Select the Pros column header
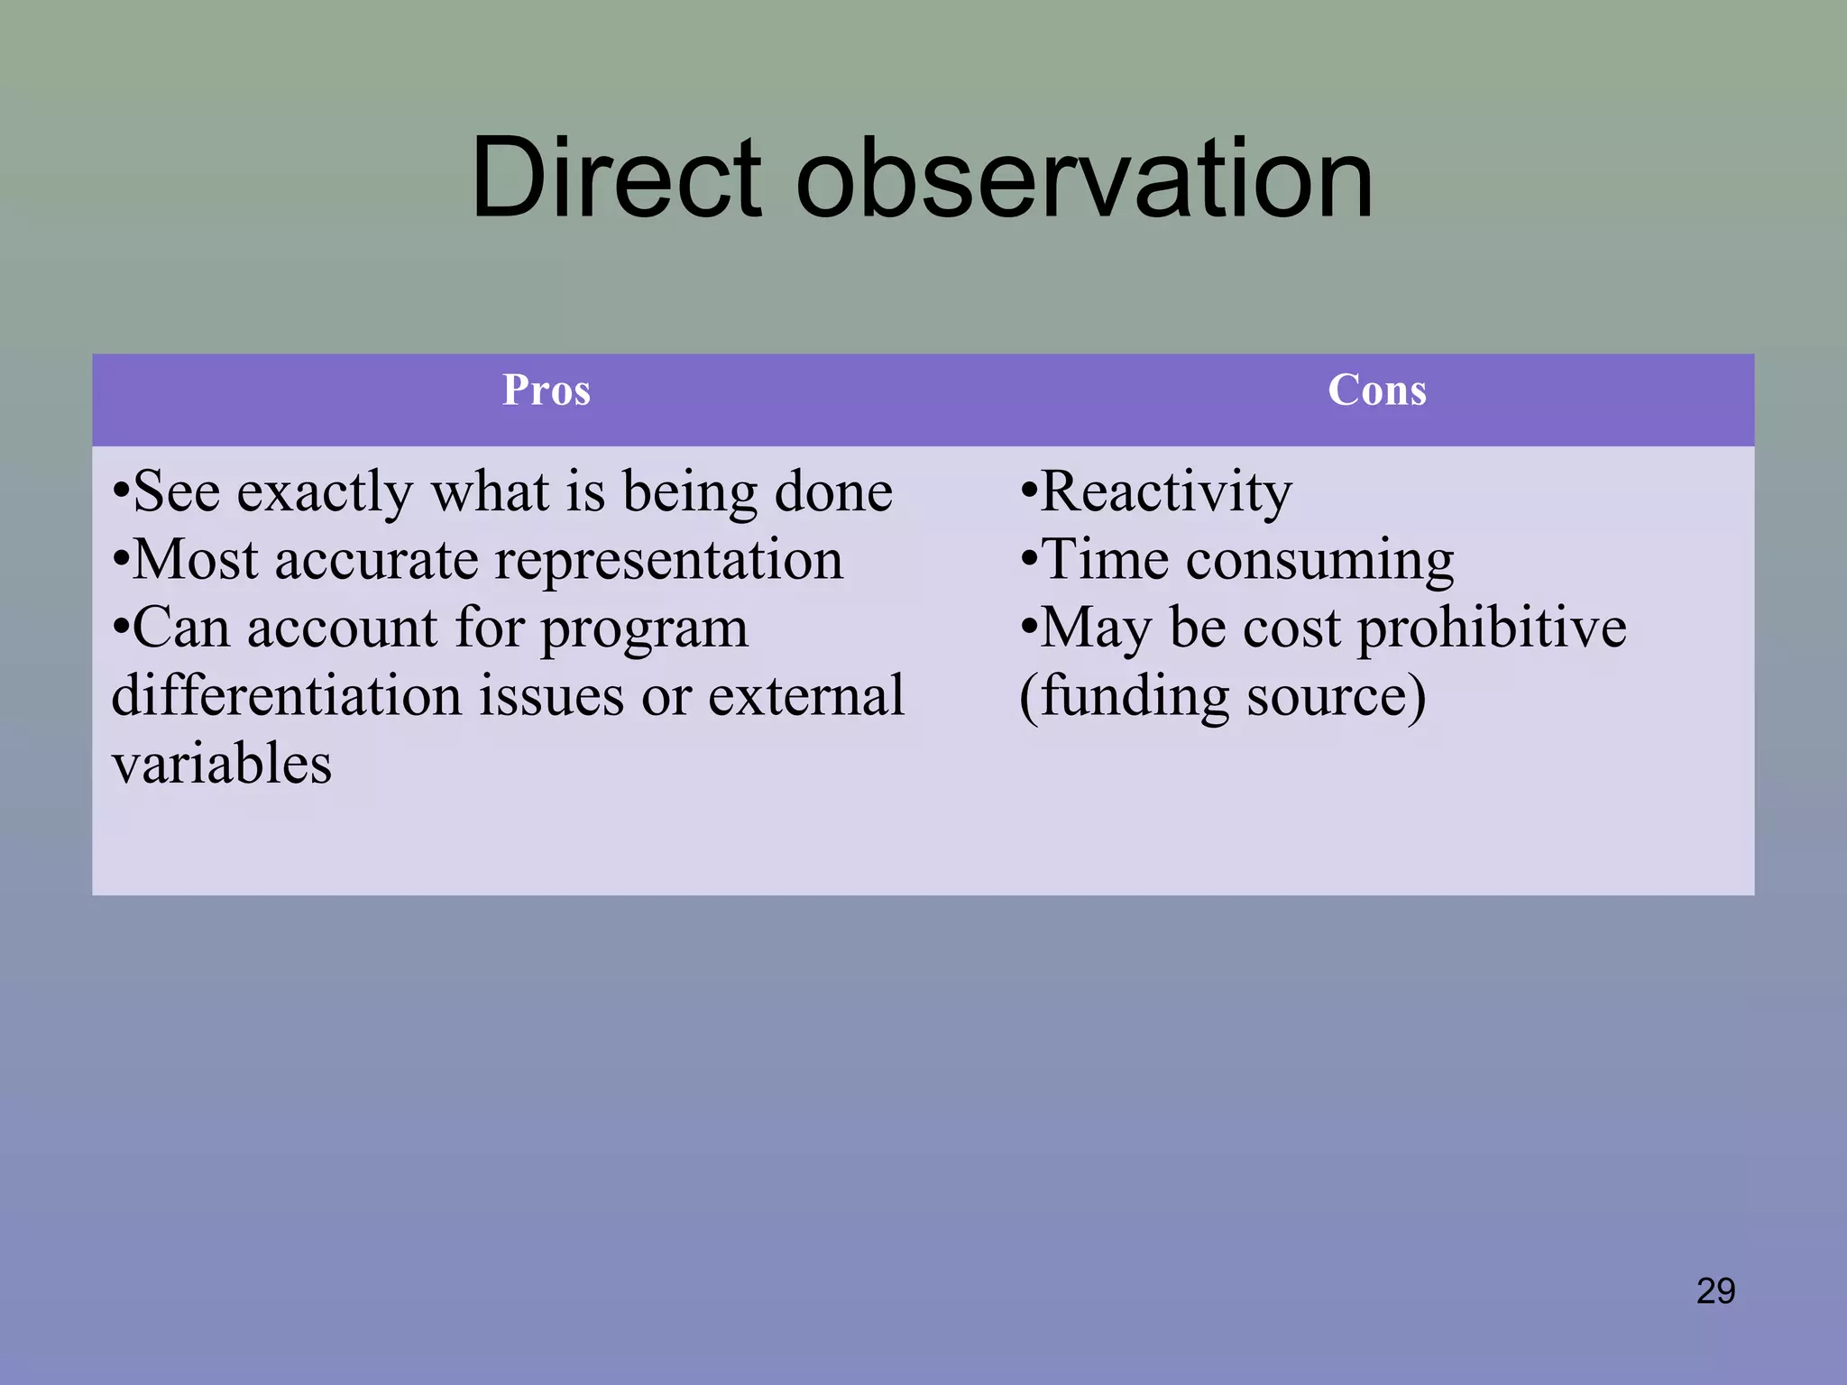click(x=547, y=390)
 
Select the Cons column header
click(x=1377, y=390)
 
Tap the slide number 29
click(x=1715, y=1291)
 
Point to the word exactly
click(x=325, y=494)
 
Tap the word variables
click(x=222, y=765)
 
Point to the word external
click(x=805, y=696)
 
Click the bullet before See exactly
click(x=121, y=494)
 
